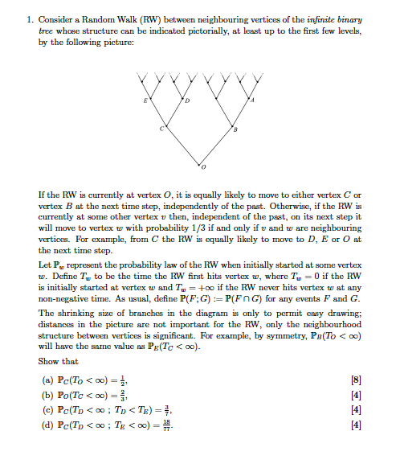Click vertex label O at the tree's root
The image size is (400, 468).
pyautogui.click(x=204, y=168)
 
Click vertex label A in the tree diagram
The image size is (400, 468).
pyautogui.click(x=252, y=100)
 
